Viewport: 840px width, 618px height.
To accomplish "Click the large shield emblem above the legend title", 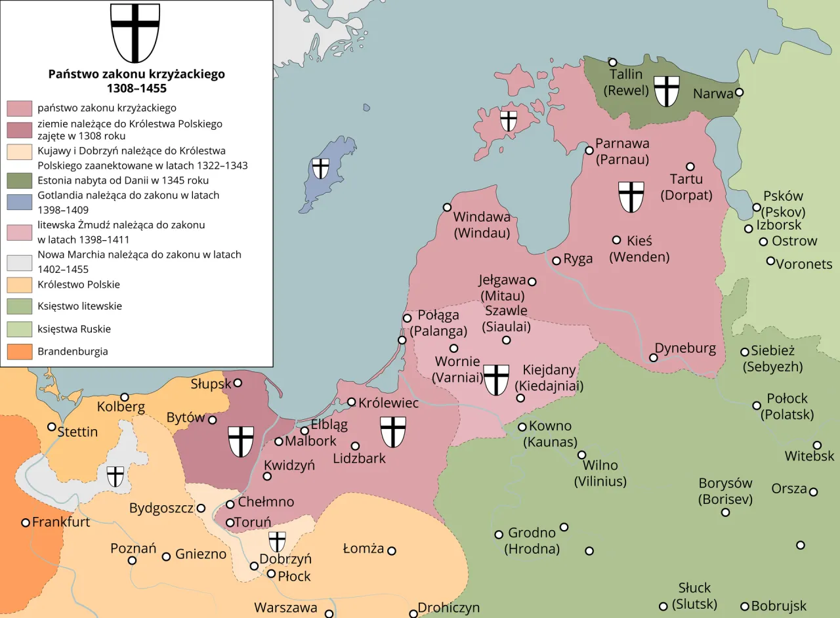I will pos(135,32).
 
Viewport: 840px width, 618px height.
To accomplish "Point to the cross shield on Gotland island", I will pos(320,168).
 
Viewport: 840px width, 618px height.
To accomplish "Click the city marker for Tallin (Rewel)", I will pos(613,62).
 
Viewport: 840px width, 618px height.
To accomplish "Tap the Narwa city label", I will pos(713,94).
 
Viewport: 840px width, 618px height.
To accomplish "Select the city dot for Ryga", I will pos(556,260).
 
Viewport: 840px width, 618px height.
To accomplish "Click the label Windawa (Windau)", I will pos(482,224).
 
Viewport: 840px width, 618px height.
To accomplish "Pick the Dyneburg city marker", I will pos(654,358).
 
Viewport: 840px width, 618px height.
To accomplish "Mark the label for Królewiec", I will pos(388,403).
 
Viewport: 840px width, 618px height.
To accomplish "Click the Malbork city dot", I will pos(279,442).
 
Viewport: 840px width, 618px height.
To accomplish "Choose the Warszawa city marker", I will pos(329,614).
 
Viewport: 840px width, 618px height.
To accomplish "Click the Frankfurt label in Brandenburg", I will pos(61,523).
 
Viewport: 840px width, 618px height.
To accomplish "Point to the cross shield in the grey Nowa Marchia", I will pos(115,476).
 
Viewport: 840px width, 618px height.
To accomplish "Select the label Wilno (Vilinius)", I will pos(600,473).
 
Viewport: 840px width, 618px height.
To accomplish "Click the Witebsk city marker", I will pos(817,445).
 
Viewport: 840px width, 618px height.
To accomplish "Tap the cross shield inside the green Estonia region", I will pos(667,91).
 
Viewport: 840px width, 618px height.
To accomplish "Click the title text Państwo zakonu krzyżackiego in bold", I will pos(136,74).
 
